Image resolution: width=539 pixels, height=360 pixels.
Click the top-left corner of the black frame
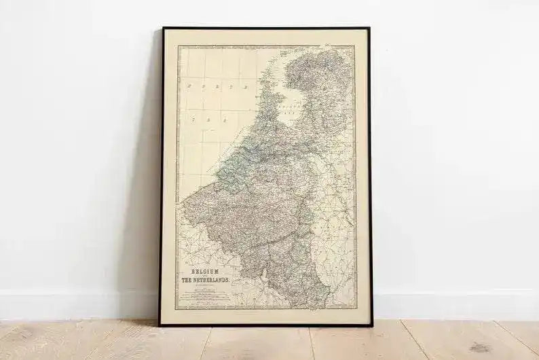click(x=163, y=29)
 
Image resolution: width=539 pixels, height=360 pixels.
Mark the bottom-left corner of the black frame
click(x=160, y=325)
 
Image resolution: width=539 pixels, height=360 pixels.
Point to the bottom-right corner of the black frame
click(x=372, y=324)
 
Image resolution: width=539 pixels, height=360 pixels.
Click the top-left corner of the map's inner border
click(x=178, y=46)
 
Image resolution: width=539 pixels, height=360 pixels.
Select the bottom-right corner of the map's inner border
click(x=356, y=308)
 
